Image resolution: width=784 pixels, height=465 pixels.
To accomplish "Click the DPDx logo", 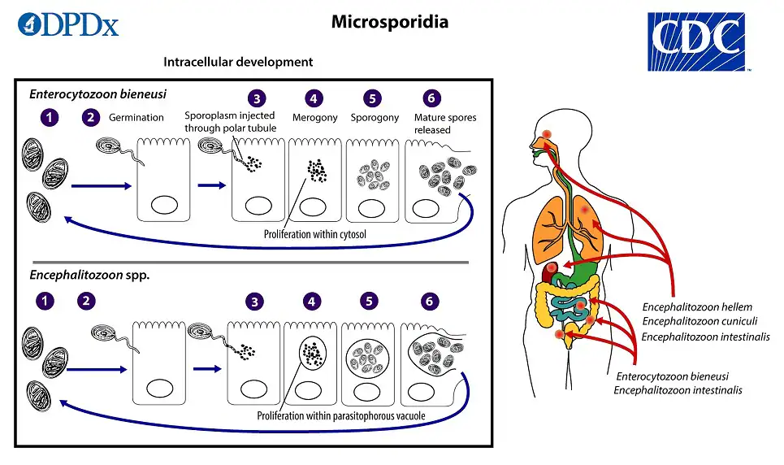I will click(x=68, y=24).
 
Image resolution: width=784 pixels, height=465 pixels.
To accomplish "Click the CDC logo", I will click(x=696, y=41).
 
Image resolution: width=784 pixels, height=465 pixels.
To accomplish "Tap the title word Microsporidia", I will click(x=389, y=22).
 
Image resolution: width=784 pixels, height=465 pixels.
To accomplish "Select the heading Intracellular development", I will click(x=238, y=62).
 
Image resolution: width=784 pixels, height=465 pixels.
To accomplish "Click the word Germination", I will click(x=137, y=117).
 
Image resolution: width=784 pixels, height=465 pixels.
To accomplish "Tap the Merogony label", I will click(x=314, y=118).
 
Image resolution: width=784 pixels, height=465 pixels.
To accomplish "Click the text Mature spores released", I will click(x=444, y=124).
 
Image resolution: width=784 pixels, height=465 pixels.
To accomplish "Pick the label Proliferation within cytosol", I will click(x=312, y=234).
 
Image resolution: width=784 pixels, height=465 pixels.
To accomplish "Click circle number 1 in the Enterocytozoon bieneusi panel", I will click(x=50, y=118).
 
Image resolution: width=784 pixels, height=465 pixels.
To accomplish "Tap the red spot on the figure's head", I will click(x=547, y=134).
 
